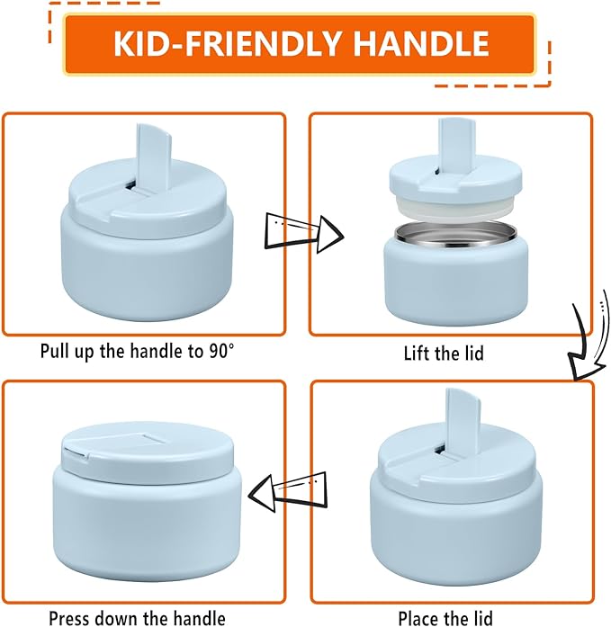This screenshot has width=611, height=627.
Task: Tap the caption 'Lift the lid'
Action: tap(443, 353)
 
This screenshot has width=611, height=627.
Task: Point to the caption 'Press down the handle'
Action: tap(137, 617)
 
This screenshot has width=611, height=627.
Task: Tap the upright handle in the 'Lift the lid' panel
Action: tap(450, 143)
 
